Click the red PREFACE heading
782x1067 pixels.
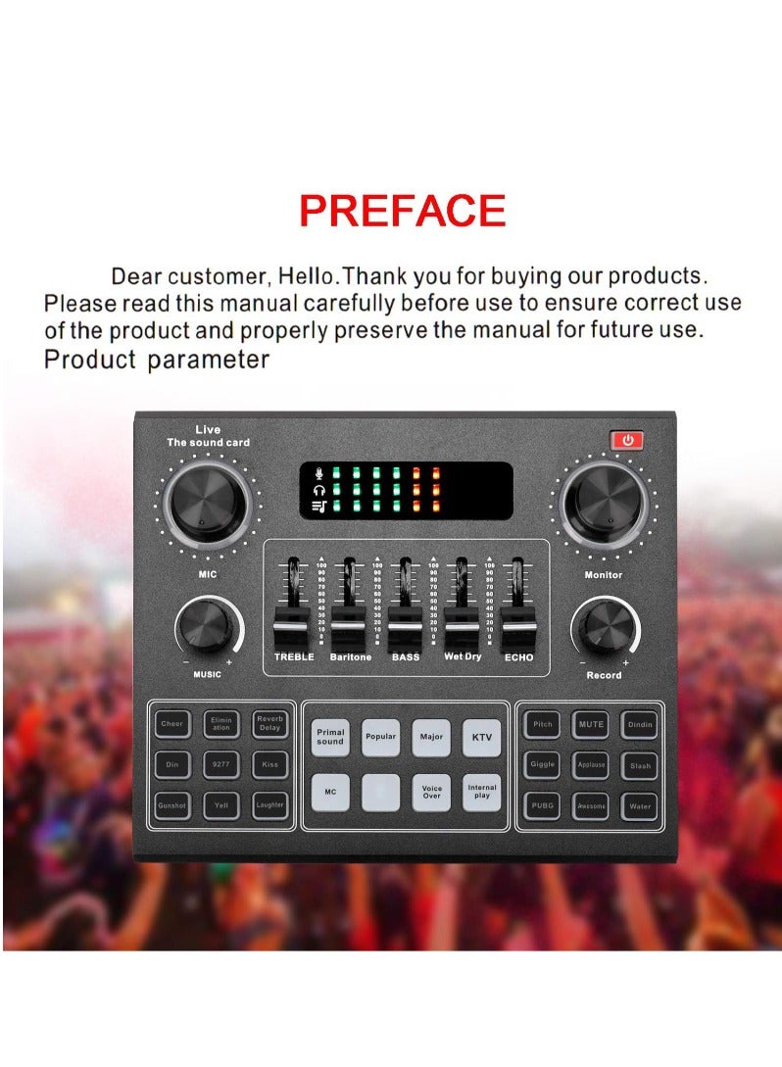coord(402,211)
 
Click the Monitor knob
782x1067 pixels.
coord(602,508)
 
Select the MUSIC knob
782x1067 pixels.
coord(208,627)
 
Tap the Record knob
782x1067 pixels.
coord(603,628)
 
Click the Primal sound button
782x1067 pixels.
coord(330,737)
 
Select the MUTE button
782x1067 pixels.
coord(591,724)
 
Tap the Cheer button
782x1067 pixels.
coord(171,724)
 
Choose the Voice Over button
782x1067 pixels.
coord(431,792)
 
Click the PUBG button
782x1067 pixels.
coord(542,805)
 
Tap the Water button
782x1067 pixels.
coord(639,805)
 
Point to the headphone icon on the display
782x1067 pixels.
coord(318,488)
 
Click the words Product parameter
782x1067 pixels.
coord(157,360)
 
